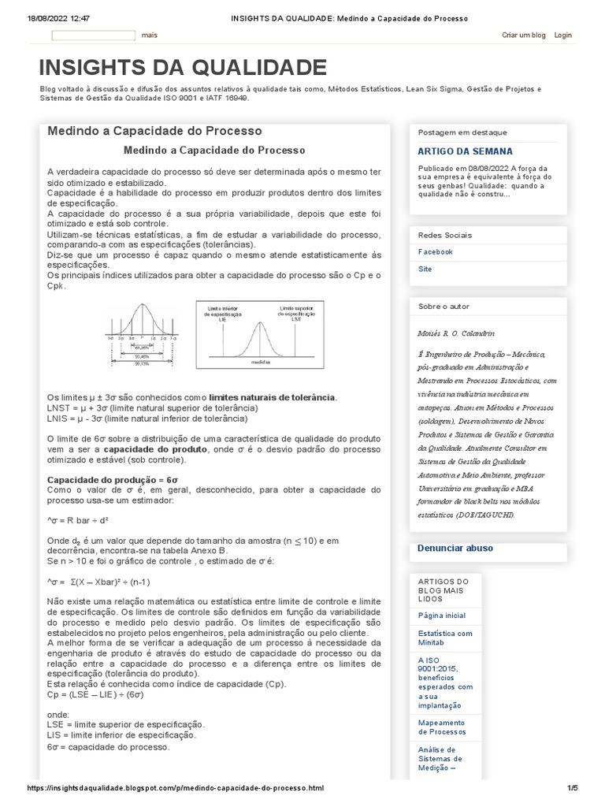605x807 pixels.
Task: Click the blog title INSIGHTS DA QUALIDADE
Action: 183,68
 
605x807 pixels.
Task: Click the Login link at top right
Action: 562,35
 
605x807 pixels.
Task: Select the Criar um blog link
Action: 524,35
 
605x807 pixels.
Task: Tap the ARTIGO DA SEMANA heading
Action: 465,151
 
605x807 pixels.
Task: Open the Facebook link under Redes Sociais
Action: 435,252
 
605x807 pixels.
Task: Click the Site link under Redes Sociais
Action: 425,270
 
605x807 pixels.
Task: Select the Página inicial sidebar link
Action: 442,615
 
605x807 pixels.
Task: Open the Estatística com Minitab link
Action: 445,638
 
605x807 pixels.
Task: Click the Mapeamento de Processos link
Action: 441,727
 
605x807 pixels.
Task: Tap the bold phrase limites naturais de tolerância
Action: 272,397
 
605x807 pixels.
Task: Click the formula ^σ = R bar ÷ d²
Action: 79,520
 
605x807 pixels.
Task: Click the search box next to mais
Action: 94,35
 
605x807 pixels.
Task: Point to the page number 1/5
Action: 573,788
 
